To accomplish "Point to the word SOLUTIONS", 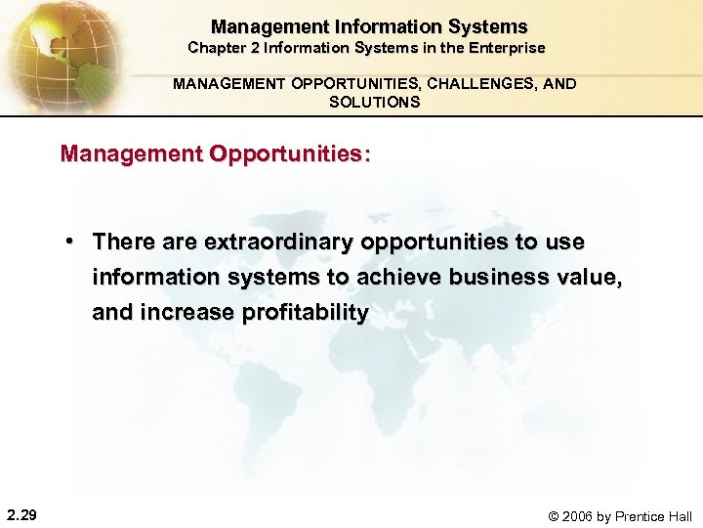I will point(375,102).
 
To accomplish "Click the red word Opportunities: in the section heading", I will point(296,154).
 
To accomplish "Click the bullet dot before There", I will point(72,241).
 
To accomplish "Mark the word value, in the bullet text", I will point(588,277).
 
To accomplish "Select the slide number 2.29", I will point(21,514).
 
